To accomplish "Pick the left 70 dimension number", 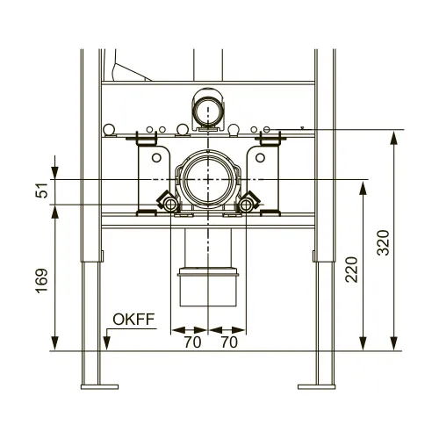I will (x=191, y=342).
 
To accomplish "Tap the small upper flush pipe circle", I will (x=208, y=109).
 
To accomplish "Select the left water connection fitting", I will (x=167, y=204).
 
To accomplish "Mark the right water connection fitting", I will (x=248, y=204).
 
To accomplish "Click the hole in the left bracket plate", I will (x=156, y=159).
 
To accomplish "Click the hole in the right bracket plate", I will (x=259, y=159).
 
